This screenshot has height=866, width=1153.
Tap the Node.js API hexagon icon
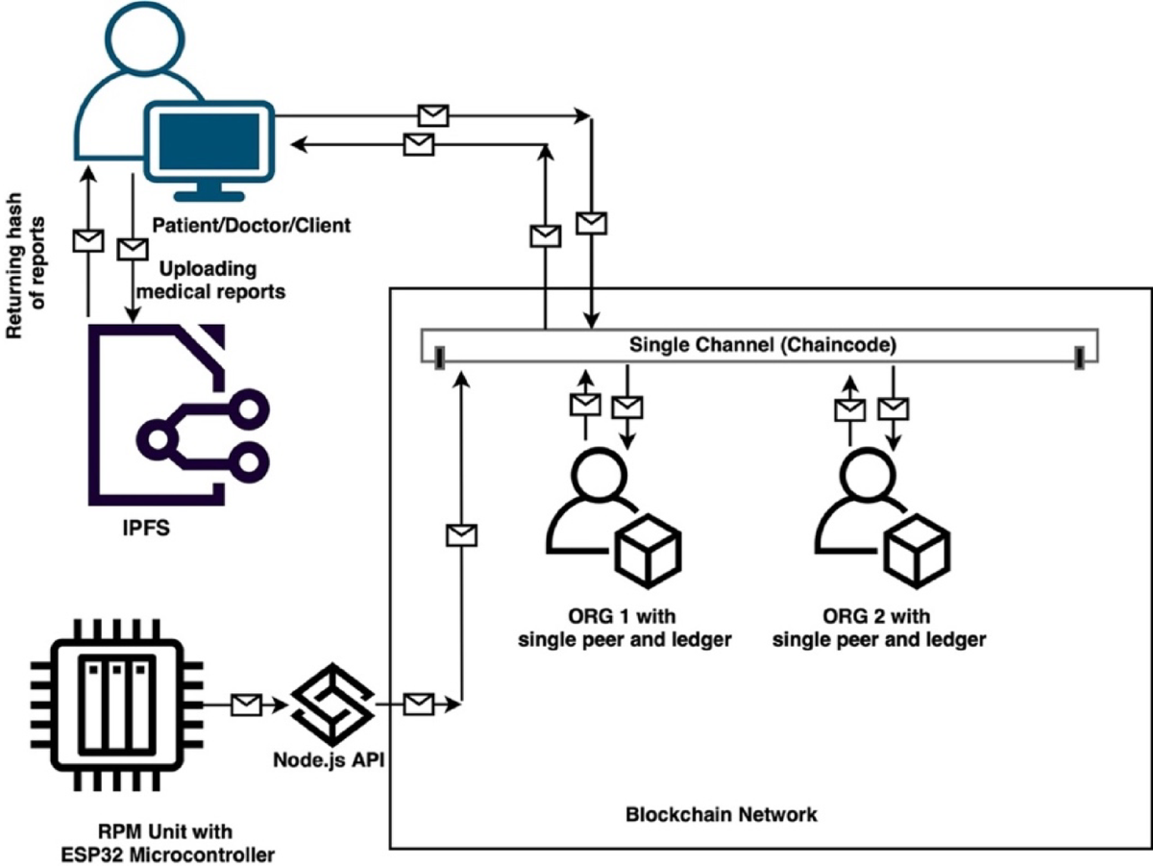[x=332, y=704]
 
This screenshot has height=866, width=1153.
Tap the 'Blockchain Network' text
[x=721, y=814]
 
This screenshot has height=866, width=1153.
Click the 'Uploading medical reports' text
[x=223, y=279]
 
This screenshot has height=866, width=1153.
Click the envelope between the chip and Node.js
[x=247, y=705]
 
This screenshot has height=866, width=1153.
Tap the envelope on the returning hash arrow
[x=89, y=239]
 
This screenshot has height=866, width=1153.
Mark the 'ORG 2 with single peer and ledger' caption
[x=879, y=627]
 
